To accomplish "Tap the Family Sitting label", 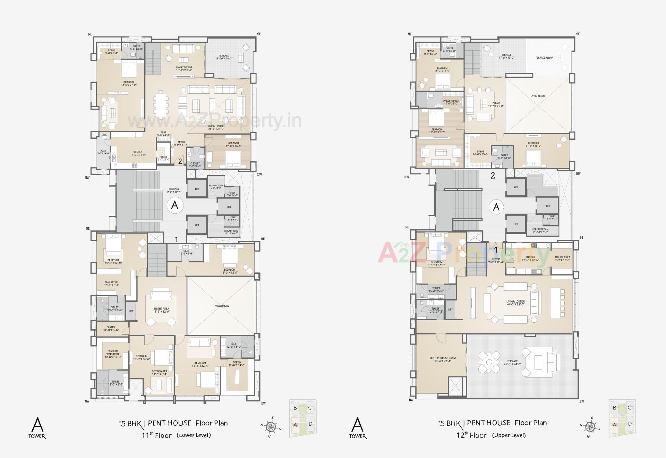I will pos(184,69).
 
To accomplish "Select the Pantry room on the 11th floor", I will pos(111,329).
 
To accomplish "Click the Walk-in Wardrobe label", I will pos(113,354).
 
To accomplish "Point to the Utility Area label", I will pos(562,258).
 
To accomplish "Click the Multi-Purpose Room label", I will pos(443,359).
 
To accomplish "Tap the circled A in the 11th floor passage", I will pos(175,205).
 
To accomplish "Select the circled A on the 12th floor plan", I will pos(496,207).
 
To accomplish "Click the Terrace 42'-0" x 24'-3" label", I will pos(512,363).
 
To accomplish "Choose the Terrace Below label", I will pos(544,58).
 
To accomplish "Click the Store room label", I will pos(164,158).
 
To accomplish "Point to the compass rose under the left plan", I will pos(271,426).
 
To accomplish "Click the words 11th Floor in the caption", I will pos(156,435).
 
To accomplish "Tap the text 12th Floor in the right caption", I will pos(471,435).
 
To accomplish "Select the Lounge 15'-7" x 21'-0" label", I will pos(496,104).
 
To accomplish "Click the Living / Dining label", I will pos(216,127).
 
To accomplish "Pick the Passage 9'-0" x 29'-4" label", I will pos(174,190).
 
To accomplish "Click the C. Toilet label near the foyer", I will pos(195,165).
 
